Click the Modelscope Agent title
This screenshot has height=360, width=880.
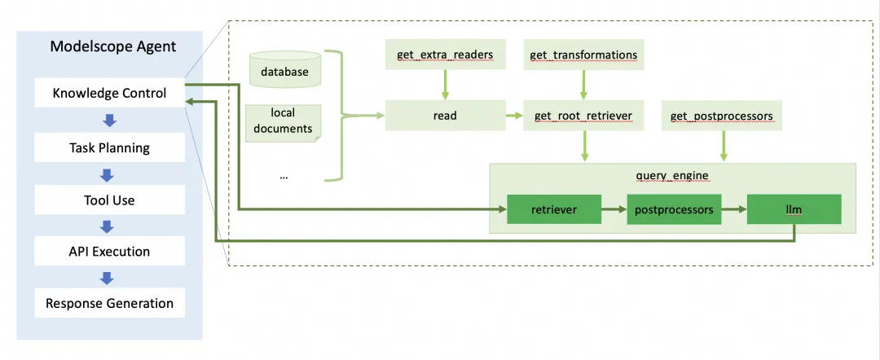coord(112,46)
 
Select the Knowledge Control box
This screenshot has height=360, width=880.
coord(109,93)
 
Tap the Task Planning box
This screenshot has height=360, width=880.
coord(109,148)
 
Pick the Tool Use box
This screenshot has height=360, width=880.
coord(109,200)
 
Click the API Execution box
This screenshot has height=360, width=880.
coord(109,252)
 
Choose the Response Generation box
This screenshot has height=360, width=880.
coord(109,303)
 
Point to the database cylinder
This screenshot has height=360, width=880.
coord(284,71)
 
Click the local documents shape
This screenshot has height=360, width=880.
coord(283,121)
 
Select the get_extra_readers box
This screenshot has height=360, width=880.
coord(444,55)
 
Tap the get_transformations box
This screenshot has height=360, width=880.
coord(583,55)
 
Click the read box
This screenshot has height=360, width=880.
coord(444,116)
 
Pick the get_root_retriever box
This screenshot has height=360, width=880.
coord(583,116)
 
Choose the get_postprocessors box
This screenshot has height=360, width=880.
coord(721,116)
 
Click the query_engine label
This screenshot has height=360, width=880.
coord(672,175)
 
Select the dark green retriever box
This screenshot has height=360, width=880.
coord(554,209)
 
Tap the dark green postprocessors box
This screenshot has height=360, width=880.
coord(672,209)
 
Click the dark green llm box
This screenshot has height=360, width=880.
coord(794,209)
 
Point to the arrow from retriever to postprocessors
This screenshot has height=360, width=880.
coord(614,209)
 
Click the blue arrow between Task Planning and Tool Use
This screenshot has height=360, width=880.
coord(109,174)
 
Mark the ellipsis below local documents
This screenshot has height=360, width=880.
coord(284,176)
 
